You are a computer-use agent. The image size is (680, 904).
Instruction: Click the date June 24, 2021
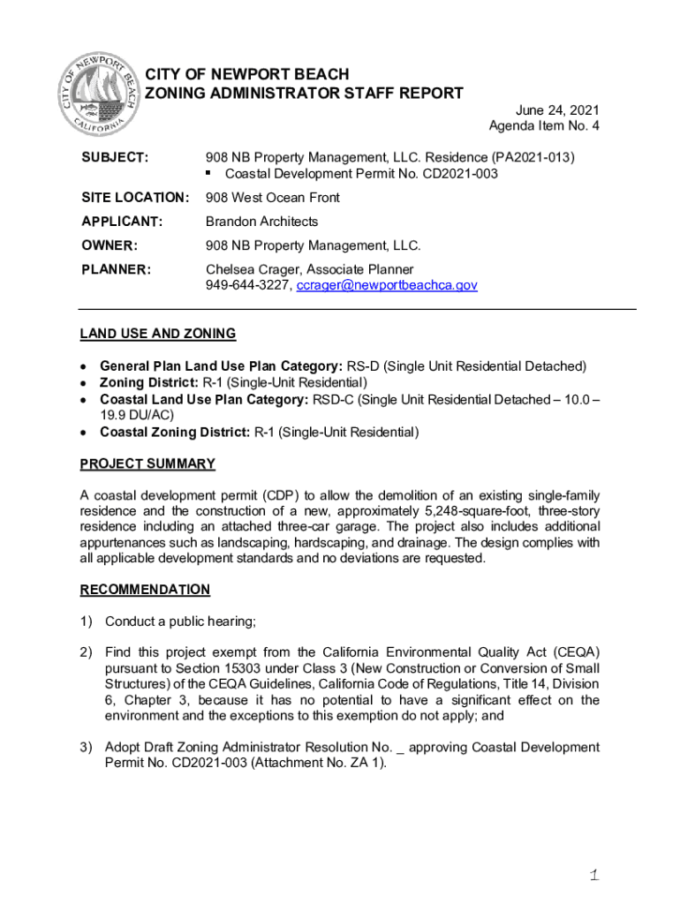click(x=557, y=110)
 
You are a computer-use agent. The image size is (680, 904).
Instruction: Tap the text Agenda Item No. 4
click(x=544, y=126)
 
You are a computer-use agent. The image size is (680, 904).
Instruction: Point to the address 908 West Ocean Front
click(x=273, y=198)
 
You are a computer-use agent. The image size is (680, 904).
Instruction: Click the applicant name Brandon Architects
click(x=261, y=222)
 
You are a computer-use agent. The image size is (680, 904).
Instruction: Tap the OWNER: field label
click(x=108, y=245)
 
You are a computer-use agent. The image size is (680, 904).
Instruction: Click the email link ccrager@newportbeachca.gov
click(x=387, y=286)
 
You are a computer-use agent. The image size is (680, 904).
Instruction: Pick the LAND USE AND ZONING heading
click(x=158, y=334)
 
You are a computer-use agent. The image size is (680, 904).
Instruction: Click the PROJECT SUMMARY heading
click(x=147, y=463)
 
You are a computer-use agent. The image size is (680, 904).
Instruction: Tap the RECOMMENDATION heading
click(x=145, y=589)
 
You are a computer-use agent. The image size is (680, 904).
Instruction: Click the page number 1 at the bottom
click(x=595, y=876)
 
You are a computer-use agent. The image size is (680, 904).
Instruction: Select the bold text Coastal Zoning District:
click(x=175, y=433)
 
